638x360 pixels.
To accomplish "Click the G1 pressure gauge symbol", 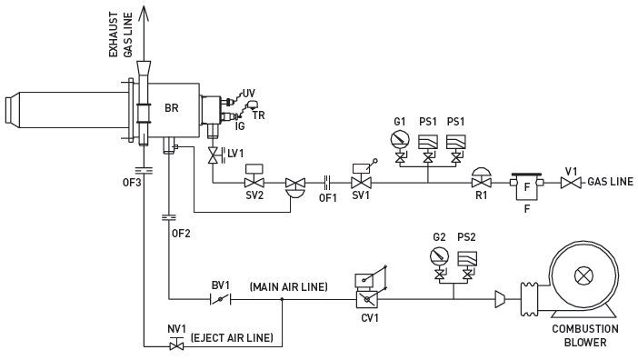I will [x=398, y=139].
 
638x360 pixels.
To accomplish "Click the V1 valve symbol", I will [x=571, y=184].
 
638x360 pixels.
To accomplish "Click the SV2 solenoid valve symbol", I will [x=254, y=183].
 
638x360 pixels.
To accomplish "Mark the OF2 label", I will [x=180, y=233].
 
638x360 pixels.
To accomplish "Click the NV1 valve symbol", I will [x=177, y=345].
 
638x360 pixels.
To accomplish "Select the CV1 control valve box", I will [x=367, y=297].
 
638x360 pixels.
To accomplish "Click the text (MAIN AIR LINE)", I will [x=288, y=287].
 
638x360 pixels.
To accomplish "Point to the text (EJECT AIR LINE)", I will [x=232, y=337].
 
